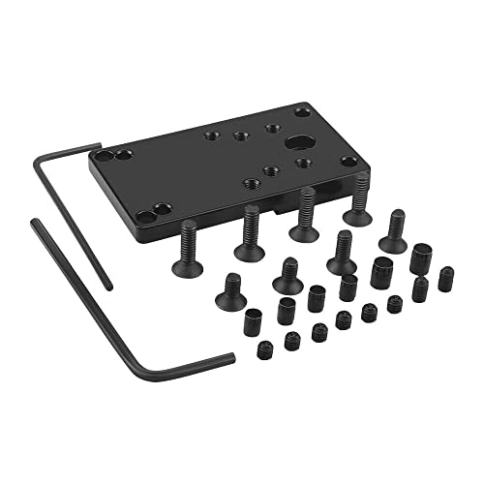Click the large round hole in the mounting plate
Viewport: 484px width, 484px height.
[294, 143]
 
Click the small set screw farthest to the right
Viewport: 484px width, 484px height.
[445, 280]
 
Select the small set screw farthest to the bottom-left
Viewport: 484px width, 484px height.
[266, 350]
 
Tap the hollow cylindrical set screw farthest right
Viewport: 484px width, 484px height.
[419, 258]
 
